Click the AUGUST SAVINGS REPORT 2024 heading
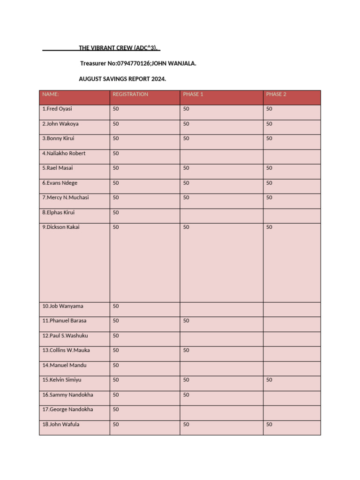(x=122, y=79)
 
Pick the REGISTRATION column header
(x=130, y=94)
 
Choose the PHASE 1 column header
(x=193, y=94)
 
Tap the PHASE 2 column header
(x=276, y=94)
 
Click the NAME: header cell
(x=51, y=94)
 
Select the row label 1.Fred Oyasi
(x=57, y=109)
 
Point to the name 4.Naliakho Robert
(x=64, y=153)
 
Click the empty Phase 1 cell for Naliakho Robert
(x=221, y=156)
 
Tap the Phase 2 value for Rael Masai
(x=269, y=168)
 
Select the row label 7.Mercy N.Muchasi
(x=65, y=198)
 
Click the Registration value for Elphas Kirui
(x=116, y=213)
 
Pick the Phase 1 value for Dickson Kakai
(x=186, y=227)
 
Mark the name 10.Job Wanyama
(x=63, y=306)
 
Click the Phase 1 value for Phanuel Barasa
(x=186, y=321)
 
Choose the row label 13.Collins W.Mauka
(x=66, y=351)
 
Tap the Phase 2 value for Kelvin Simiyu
(x=269, y=380)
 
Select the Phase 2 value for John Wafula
(x=269, y=425)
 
